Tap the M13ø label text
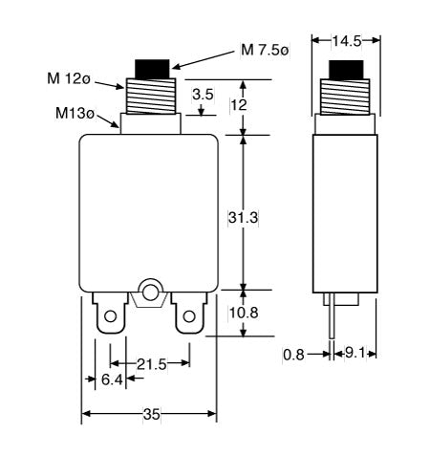(x=75, y=114)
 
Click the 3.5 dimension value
(x=203, y=96)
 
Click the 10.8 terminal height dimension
(x=244, y=313)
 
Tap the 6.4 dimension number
(x=113, y=379)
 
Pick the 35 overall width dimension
(x=150, y=415)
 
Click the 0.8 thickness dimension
(x=294, y=355)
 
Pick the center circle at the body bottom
(x=150, y=291)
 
